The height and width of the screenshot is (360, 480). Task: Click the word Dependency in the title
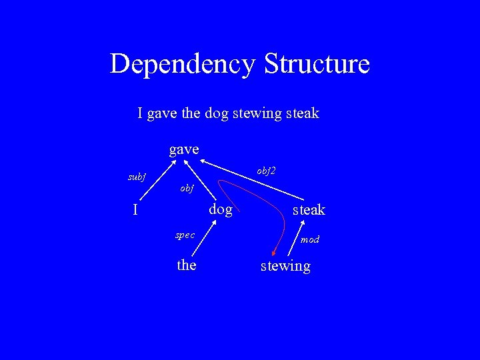[x=183, y=65]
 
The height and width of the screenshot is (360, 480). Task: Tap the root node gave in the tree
[x=184, y=149]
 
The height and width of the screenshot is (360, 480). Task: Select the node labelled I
[x=135, y=210]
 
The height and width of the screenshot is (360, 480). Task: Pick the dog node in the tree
[x=221, y=210]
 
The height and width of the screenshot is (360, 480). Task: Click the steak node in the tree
[x=309, y=210]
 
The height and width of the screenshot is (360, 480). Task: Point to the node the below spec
[x=187, y=265]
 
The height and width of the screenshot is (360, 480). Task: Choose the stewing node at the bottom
[x=285, y=266]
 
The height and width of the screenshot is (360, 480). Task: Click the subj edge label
[x=137, y=177]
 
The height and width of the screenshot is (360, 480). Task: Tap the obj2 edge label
[x=266, y=171]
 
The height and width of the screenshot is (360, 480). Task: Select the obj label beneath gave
[x=187, y=189]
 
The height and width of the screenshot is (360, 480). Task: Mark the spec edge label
[x=185, y=235]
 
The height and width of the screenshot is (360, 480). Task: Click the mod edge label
[x=309, y=239]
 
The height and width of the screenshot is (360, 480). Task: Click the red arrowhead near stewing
[x=275, y=251]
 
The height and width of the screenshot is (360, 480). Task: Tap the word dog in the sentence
[x=216, y=113]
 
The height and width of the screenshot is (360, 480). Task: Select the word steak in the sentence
[x=303, y=113]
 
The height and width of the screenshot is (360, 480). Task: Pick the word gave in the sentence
[x=163, y=113]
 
